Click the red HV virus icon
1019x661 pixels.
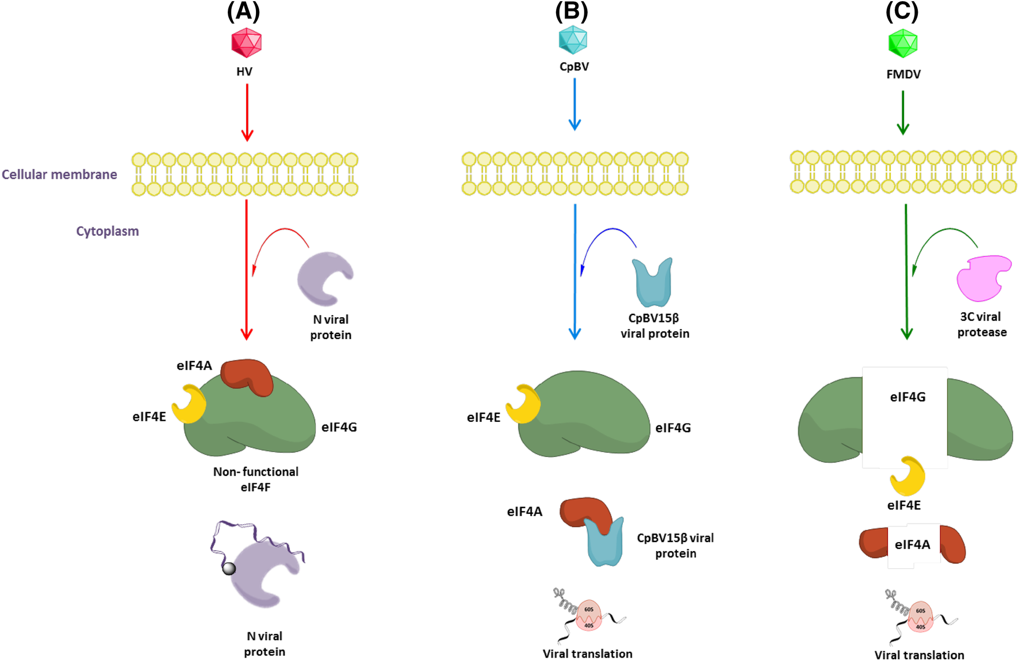tap(246, 43)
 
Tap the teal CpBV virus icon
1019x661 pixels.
tap(573, 40)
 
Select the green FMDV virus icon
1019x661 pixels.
tap(902, 43)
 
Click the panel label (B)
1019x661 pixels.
tap(572, 11)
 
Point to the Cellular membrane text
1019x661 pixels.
tap(59, 175)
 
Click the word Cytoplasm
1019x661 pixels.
tap(108, 231)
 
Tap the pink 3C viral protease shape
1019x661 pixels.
tap(982, 278)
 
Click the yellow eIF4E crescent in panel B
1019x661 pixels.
tap(523, 404)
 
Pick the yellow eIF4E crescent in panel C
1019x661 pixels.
tap(908, 476)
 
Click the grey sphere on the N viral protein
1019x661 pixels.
tap(229, 568)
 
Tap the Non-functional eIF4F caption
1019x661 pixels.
tap(255, 479)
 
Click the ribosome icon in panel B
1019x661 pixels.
tap(588, 616)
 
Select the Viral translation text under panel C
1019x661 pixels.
tap(919, 655)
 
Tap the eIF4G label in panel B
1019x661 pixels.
tap(673, 428)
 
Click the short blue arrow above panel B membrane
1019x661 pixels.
tap(574, 103)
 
